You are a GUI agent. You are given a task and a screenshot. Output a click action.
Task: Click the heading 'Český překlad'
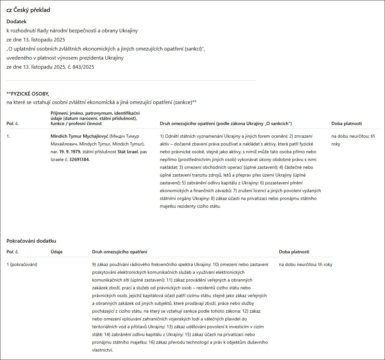point(32,10)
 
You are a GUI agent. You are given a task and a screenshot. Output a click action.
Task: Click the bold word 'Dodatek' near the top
point(17,22)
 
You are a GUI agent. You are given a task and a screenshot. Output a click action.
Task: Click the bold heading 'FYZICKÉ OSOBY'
point(29,94)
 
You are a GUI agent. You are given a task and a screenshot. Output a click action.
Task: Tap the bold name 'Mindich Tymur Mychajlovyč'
point(79,136)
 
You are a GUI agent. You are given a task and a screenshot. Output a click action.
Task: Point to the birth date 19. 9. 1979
point(69,152)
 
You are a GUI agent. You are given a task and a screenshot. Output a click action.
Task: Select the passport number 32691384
point(79,159)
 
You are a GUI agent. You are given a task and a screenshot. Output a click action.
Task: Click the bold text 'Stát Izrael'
point(127,152)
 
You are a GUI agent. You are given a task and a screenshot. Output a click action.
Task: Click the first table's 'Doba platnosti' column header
point(346,123)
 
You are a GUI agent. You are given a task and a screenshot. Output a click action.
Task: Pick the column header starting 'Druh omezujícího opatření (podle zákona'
point(226,123)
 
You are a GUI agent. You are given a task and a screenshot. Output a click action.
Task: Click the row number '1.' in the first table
point(8,136)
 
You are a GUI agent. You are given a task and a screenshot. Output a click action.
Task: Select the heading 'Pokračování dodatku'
point(31,241)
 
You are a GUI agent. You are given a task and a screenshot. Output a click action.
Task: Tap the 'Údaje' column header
point(56,252)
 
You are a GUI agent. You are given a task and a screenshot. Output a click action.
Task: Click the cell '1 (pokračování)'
point(22,264)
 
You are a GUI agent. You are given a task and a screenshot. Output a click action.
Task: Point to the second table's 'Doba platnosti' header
point(294,252)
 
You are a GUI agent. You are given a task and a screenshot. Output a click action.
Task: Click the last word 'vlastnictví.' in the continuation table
point(102,350)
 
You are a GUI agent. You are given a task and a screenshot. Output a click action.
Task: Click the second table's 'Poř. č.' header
point(13,252)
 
